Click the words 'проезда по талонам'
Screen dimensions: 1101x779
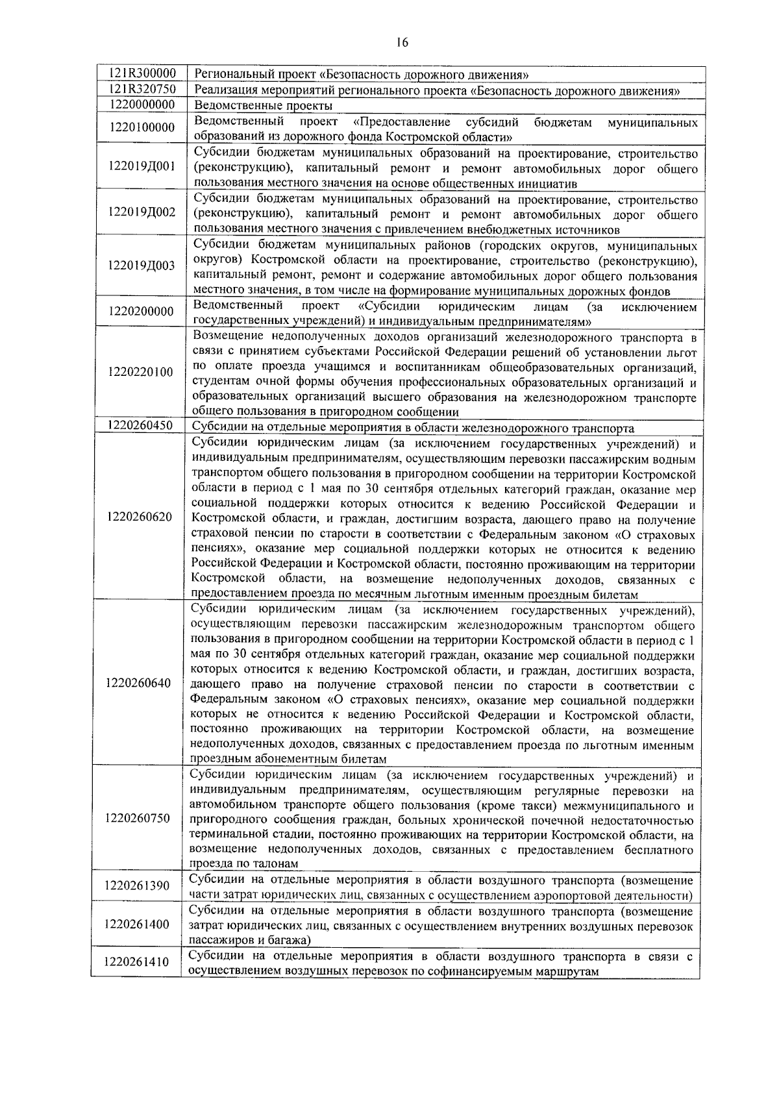point(243,864)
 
